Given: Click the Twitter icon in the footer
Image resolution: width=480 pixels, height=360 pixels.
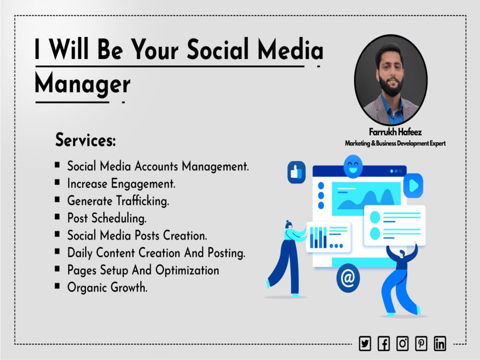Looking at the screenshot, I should (x=365, y=343).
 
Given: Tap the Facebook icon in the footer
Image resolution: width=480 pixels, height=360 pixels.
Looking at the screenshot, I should (x=384, y=343).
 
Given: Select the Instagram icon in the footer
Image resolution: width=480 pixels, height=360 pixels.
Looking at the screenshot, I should (x=402, y=343).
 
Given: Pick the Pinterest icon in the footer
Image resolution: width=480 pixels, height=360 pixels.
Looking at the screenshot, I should (x=421, y=343).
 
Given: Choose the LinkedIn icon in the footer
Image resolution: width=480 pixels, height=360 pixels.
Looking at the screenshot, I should (x=440, y=343).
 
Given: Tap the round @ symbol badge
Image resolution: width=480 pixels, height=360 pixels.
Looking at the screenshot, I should (x=348, y=278).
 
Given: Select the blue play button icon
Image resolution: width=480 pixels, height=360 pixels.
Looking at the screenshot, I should (x=412, y=185).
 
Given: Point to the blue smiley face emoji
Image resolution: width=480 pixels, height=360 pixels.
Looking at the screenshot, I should (x=353, y=167).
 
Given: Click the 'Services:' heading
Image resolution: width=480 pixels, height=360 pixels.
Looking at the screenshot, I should (x=85, y=140).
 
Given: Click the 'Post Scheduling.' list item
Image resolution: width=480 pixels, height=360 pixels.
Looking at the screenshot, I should (x=107, y=218).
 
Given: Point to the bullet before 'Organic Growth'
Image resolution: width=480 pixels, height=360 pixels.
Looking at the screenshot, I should (x=57, y=286).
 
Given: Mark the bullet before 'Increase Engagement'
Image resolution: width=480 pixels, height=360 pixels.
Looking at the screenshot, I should (x=57, y=182).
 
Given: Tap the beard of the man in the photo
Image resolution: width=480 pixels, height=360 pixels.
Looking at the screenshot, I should (x=390, y=87).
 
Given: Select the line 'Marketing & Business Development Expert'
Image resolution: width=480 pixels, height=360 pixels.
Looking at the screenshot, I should (x=395, y=143).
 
